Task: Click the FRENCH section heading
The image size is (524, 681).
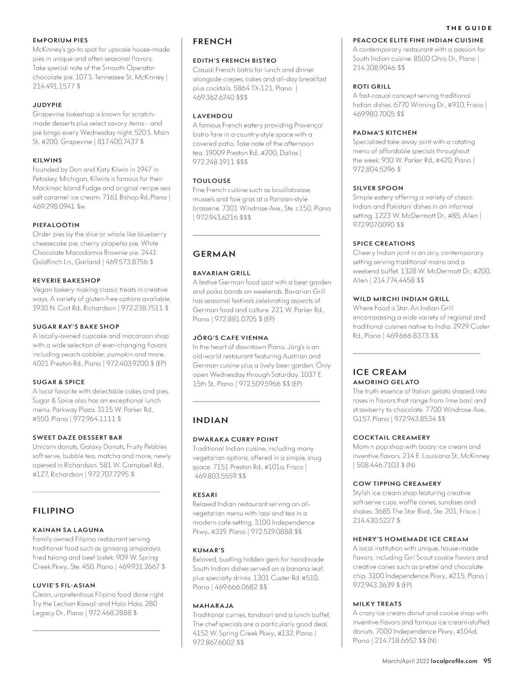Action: point(212,42)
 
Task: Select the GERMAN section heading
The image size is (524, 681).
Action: point(214,254)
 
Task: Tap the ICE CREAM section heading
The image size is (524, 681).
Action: point(379,372)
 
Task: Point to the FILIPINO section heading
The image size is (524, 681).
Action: point(53,511)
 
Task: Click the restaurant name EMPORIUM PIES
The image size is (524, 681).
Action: point(60,40)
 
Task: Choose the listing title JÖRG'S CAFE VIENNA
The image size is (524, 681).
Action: point(231,338)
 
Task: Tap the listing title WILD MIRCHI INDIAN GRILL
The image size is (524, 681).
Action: point(401,299)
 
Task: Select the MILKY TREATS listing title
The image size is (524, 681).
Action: point(377,604)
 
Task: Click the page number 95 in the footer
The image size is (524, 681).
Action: point(487,661)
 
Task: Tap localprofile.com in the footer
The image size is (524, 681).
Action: point(454,661)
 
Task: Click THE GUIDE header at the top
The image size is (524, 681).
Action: point(469,28)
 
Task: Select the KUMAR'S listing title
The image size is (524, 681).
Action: point(209,550)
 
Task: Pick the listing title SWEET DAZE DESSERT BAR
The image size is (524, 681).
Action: point(77,438)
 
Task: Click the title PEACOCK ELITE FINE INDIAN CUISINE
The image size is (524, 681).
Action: point(418,40)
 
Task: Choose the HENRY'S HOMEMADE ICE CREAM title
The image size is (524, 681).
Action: point(410,539)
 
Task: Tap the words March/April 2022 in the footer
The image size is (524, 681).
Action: point(405,661)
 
